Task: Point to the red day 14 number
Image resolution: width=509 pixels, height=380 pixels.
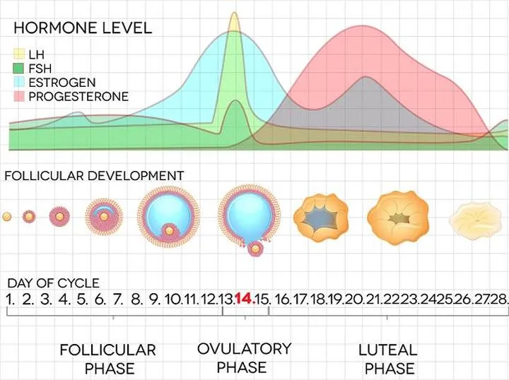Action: click(x=244, y=299)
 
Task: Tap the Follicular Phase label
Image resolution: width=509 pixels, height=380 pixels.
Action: click(x=107, y=359)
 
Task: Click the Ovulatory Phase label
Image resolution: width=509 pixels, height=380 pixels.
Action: click(x=244, y=357)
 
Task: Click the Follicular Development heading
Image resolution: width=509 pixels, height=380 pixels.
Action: click(x=94, y=175)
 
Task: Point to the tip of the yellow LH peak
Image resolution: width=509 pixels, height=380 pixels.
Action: click(x=235, y=13)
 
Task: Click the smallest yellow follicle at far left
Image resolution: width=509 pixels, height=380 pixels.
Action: click(x=6, y=216)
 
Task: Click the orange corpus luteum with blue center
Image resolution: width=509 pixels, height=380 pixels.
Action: click(x=321, y=216)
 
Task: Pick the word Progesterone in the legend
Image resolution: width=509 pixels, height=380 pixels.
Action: click(x=78, y=97)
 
